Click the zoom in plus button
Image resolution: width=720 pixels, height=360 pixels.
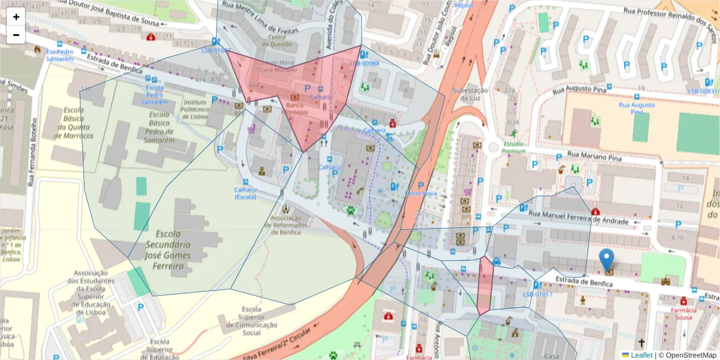pos(16,17)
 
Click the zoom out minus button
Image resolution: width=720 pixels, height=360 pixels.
pos(16,35)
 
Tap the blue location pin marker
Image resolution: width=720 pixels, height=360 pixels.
pos(607,260)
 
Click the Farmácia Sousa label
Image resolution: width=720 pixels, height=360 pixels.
pos(683,314)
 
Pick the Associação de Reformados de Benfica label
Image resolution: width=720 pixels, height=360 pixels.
pos(289,225)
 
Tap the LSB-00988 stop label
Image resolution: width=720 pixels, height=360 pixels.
pos(365,63)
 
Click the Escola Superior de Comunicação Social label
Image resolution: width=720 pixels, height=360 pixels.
pos(251,317)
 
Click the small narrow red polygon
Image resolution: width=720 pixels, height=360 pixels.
pos(485,285)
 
